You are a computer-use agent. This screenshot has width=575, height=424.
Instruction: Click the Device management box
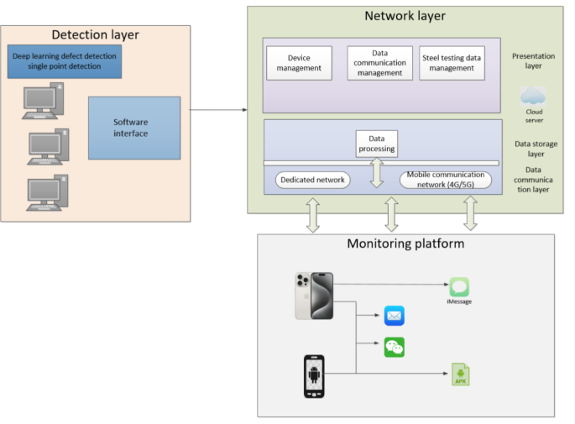click(x=299, y=62)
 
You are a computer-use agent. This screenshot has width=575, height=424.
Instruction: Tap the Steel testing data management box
click(x=452, y=63)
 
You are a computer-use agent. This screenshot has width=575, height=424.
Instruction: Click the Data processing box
click(x=376, y=143)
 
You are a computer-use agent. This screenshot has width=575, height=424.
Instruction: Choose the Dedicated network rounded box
click(x=312, y=180)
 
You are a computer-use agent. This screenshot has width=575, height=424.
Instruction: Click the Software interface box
click(x=134, y=128)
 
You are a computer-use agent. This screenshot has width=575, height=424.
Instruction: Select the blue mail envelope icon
click(x=395, y=316)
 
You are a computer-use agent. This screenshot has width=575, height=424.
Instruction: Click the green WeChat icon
click(x=395, y=346)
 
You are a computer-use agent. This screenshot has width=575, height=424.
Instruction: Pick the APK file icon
click(x=460, y=374)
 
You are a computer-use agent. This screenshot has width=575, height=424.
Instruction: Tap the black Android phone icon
click(x=314, y=375)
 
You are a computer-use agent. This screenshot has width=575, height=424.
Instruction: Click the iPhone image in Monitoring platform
click(x=314, y=296)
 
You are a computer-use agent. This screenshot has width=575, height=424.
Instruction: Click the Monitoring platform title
click(x=405, y=244)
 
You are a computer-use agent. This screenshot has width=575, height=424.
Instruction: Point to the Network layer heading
click(x=405, y=16)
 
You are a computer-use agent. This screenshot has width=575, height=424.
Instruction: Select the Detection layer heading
click(x=95, y=34)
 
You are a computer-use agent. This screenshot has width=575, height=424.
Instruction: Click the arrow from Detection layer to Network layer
click(x=219, y=110)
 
